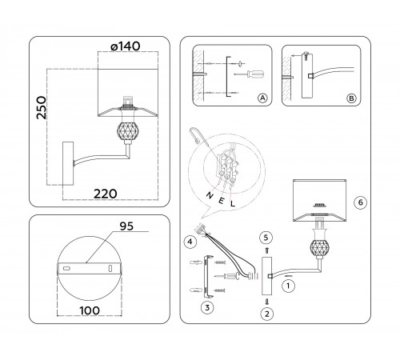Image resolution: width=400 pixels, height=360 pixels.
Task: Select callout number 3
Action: [206, 306]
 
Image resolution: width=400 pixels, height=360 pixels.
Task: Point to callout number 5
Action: [267, 237]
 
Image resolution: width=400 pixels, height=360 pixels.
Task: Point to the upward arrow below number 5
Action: [267, 250]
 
